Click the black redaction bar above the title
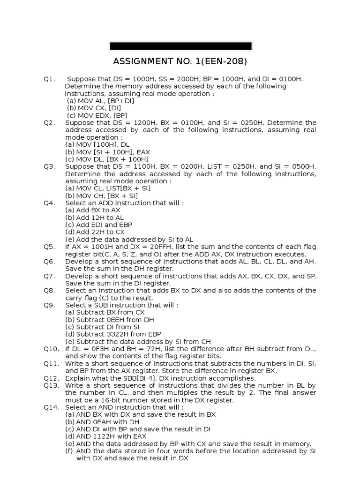[x=180, y=46]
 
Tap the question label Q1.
[x=49, y=79]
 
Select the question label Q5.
[x=49, y=247]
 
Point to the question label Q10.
[x=51, y=349]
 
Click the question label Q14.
[x=51, y=407]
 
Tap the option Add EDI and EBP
[x=98, y=225]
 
